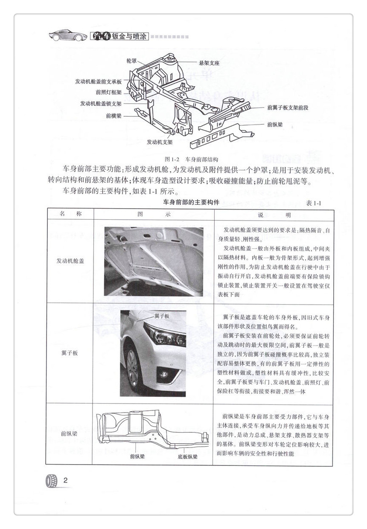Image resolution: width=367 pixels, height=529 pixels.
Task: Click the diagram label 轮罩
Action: tap(131, 61)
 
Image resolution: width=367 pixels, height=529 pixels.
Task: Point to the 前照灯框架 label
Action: tap(108, 92)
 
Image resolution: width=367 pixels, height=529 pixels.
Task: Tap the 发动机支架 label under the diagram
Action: tap(160, 141)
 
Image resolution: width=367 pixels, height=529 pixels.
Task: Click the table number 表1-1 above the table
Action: tap(313, 203)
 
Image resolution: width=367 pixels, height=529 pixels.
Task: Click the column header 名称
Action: tap(70, 214)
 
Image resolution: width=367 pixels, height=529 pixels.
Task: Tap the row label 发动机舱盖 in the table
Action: tap(70, 261)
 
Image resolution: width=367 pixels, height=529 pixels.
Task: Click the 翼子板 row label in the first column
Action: tap(70, 353)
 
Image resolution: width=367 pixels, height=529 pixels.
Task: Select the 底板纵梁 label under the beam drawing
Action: tap(187, 456)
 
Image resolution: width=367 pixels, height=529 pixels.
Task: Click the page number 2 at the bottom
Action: tap(65, 480)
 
